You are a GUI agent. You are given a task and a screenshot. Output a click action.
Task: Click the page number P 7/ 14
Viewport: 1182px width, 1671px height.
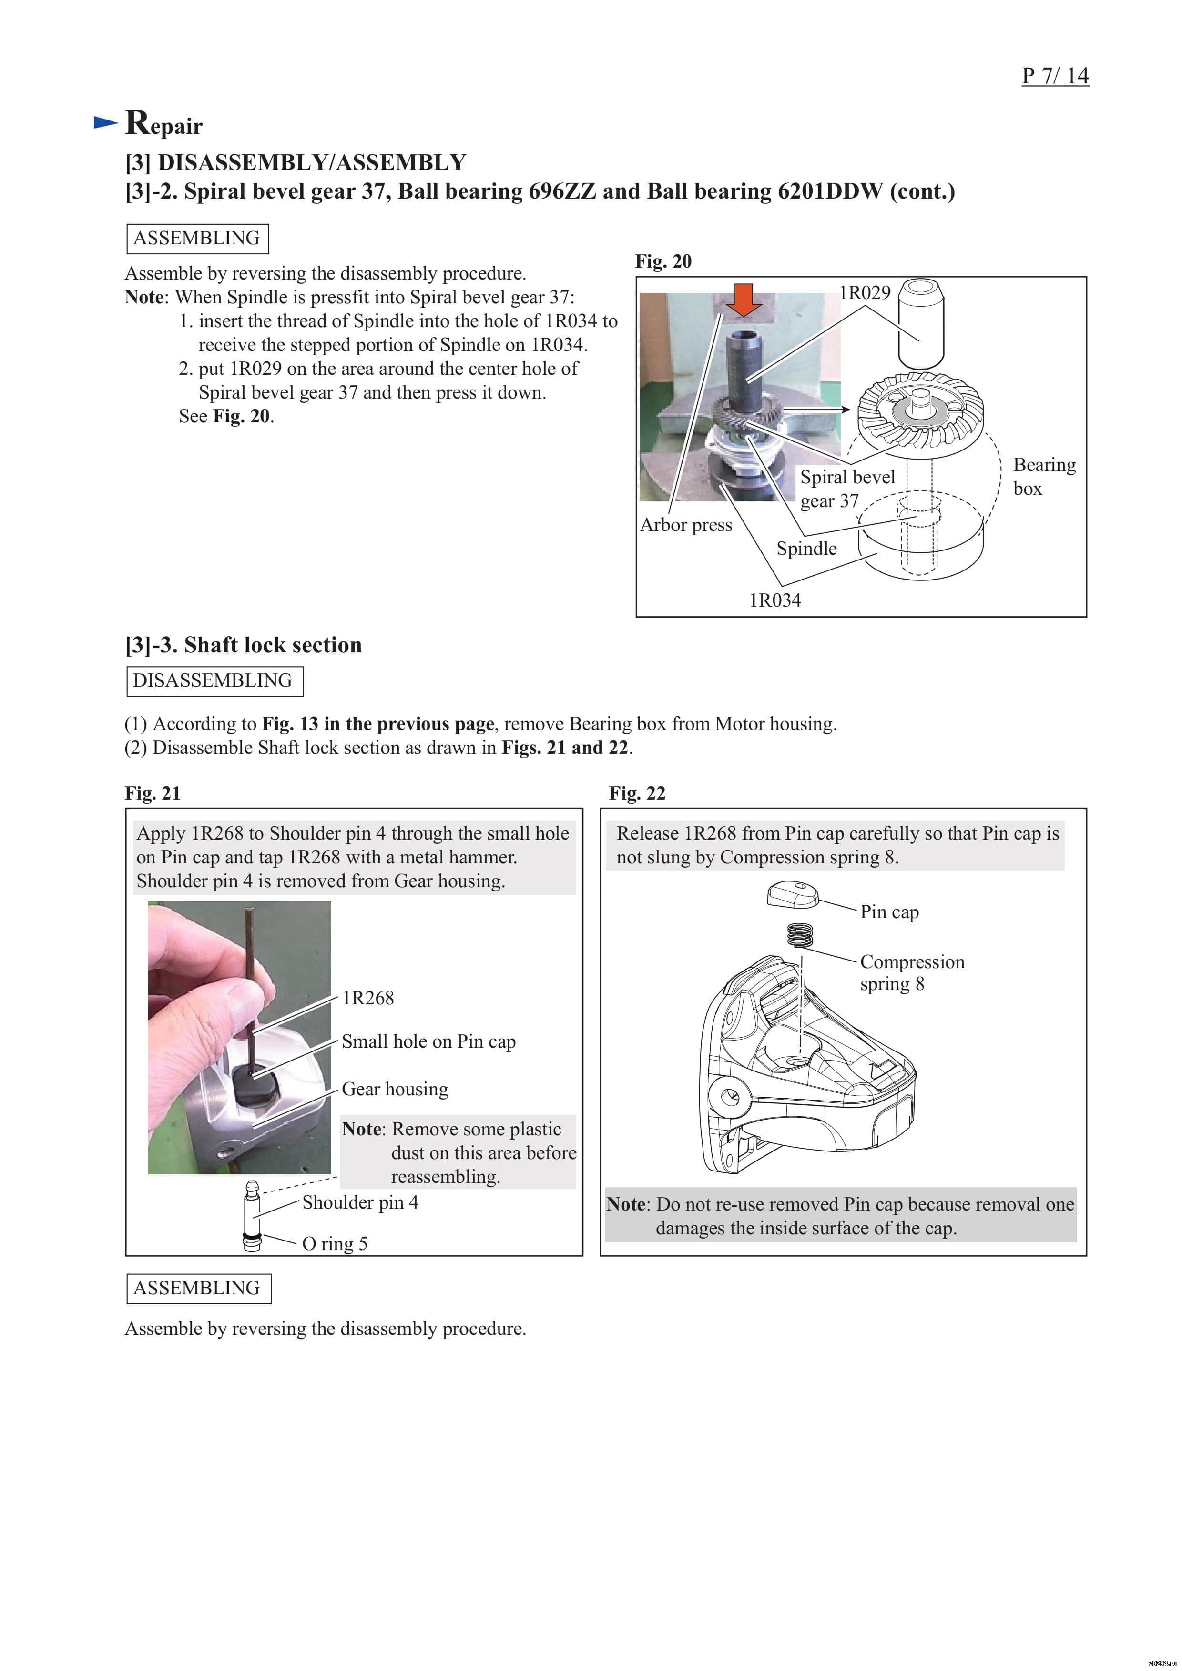[x=1055, y=76]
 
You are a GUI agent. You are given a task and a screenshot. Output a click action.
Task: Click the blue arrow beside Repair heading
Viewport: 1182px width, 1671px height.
[x=106, y=122]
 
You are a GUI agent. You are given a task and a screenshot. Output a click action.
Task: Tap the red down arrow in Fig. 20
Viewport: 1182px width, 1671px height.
[x=744, y=299]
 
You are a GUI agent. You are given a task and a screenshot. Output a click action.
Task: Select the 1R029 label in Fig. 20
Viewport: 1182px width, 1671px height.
[x=865, y=292]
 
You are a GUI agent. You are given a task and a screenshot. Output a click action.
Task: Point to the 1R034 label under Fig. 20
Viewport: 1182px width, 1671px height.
[x=775, y=600]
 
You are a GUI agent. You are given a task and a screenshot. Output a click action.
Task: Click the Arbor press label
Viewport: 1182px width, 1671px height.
[x=685, y=525]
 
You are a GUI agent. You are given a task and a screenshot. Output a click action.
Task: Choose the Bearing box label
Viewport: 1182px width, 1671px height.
[x=1044, y=476]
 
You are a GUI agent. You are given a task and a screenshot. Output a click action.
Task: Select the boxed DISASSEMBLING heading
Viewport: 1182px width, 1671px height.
[x=214, y=681]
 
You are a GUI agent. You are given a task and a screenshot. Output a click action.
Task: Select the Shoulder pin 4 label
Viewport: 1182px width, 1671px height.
[x=360, y=1202]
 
